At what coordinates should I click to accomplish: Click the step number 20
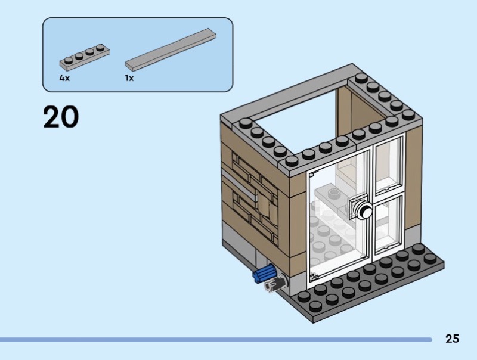(61, 117)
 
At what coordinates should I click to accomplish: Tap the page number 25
(452, 339)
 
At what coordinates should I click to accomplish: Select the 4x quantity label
(64, 78)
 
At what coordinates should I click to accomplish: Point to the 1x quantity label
(129, 78)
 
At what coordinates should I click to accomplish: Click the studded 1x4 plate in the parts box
(84, 57)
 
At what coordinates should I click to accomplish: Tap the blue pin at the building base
(262, 275)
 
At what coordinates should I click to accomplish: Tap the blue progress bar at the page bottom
(215, 340)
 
